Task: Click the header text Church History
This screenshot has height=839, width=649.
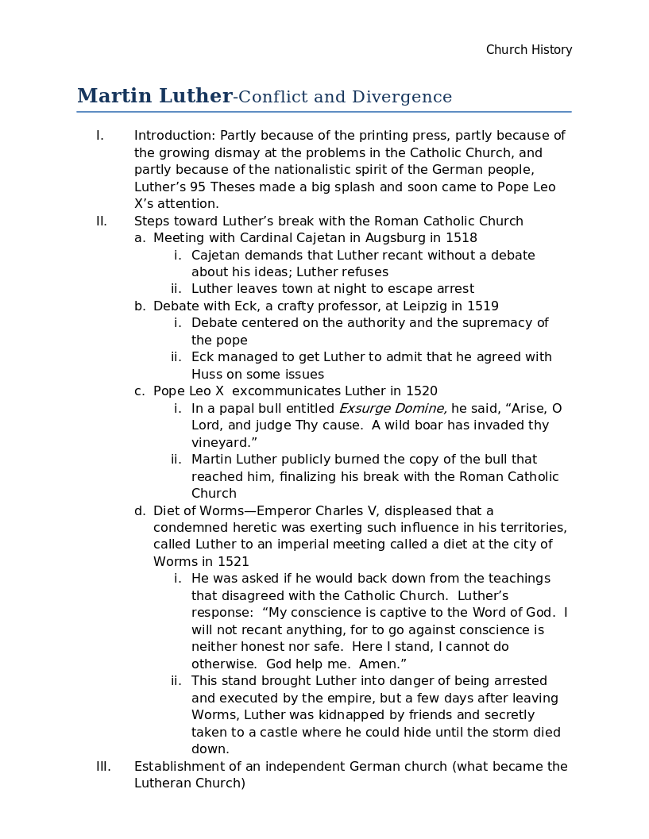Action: pyautogui.click(x=529, y=50)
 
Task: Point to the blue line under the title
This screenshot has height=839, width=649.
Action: pyautogui.click(x=324, y=112)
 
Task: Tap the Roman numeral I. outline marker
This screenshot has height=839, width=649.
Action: pyautogui.click(x=100, y=136)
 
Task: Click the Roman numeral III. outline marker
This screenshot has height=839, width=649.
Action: pyautogui.click(x=103, y=766)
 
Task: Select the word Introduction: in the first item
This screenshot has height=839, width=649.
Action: pyautogui.click(x=175, y=136)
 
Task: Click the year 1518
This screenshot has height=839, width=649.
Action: pyautogui.click(x=462, y=238)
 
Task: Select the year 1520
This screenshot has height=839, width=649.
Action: pyautogui.click(x=422, y=391)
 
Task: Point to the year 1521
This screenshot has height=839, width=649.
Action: pyautogui.click(x=234, y=561)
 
